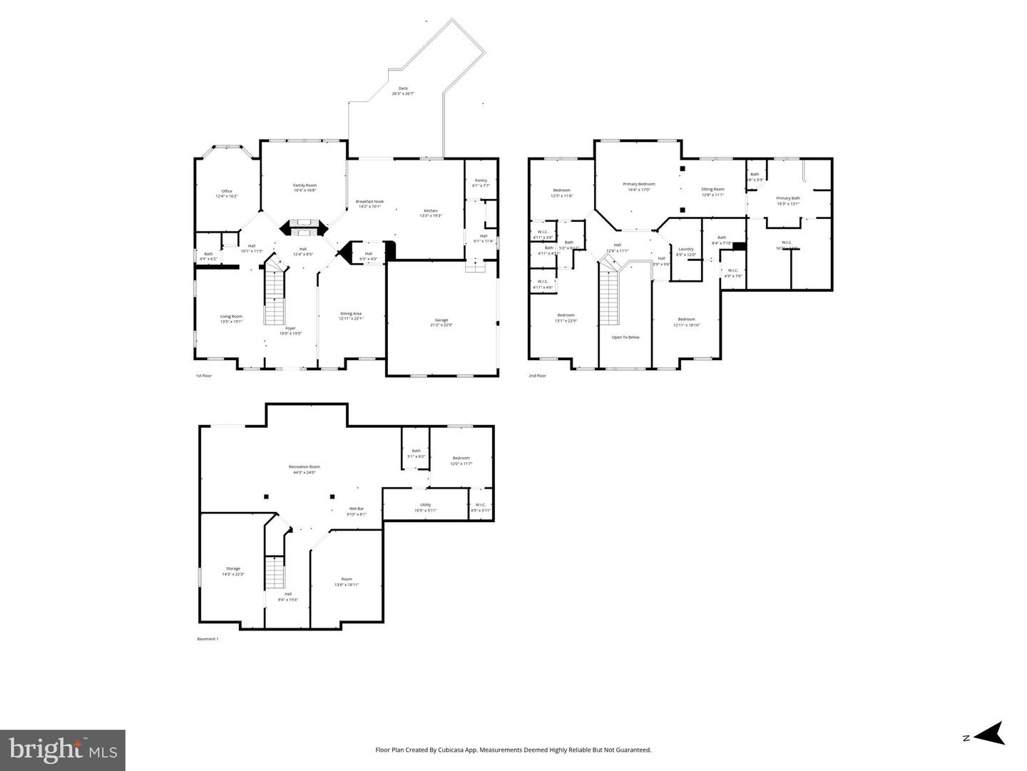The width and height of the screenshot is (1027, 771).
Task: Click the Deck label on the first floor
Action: tap(403, 88)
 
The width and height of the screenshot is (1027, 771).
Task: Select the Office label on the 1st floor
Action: tap(226, 191)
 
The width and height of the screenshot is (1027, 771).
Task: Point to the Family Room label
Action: tap(305, 185)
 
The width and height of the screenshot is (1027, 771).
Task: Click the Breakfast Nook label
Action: tap(369, 202)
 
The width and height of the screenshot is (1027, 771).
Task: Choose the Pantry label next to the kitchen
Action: tap(481, 180)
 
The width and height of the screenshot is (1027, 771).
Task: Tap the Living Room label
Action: tap(231, 317)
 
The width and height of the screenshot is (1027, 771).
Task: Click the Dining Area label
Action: tap(351, 314)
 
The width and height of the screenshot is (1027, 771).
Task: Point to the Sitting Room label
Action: tap(712, 190)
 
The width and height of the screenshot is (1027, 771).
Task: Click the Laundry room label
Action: tap(685, 249)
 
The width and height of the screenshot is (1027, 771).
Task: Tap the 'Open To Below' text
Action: tap(625, 337)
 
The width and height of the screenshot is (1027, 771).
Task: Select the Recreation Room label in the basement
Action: tap(304, 467)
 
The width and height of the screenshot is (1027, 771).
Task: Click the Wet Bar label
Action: tap(356, 509)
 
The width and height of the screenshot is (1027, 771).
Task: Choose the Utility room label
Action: tap(425, 505)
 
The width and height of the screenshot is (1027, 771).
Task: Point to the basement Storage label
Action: tap(233, 568)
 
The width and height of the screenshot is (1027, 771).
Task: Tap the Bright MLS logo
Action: tap(63, 750)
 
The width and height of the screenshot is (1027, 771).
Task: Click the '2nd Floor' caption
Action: tap(537, 375)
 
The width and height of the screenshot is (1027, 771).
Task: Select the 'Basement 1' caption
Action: tap(208, 639)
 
